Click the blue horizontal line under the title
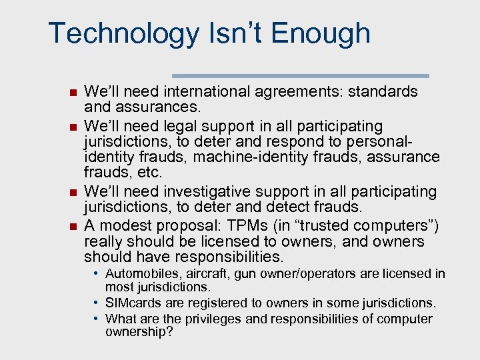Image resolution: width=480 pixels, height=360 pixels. coord(301,75)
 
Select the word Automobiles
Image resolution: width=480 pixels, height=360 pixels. coord(142,273)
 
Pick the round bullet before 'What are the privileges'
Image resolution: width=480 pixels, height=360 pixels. coord(97,319)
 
